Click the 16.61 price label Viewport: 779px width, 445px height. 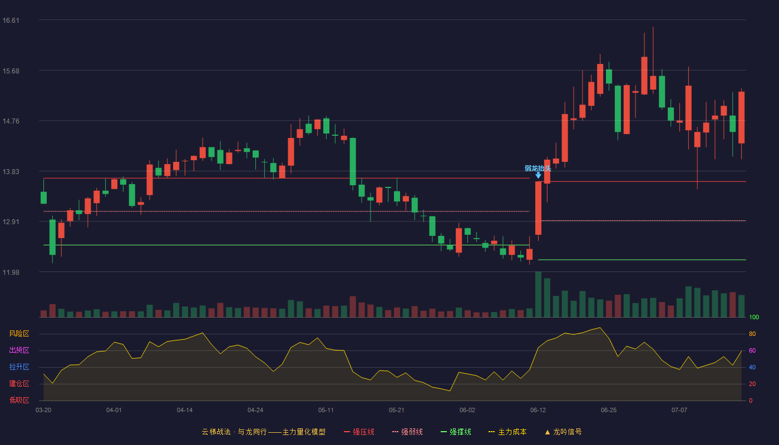pos(11,21)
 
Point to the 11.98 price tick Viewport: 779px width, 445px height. pos(11,272)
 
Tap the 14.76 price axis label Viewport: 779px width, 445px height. pos(11,121)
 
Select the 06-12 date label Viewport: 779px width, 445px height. pos(538,411)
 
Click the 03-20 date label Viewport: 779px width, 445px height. pos(43,411)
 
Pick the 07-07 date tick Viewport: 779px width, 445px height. pos(679,411)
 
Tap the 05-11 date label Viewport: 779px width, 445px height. pos(326,411)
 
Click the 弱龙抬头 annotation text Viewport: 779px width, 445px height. pos(538,168)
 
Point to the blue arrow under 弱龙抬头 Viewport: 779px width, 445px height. pos(539,176)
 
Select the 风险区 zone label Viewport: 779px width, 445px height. pos(19,334)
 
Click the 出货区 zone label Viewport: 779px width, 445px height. pos(19,350)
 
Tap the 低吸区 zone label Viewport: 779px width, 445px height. pos(19,400)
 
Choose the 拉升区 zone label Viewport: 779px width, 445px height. pos(19,367)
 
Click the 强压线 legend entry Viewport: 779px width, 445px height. pos(359,432)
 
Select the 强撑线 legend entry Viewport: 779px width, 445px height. pos(456,432)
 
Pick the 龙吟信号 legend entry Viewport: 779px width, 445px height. pos(563,432)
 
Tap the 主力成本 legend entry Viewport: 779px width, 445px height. pos(507,432)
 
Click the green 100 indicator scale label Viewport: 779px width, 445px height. pos(754,317)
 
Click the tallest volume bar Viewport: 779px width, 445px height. pos(539,294)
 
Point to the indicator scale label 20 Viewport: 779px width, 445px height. pos(752,384)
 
